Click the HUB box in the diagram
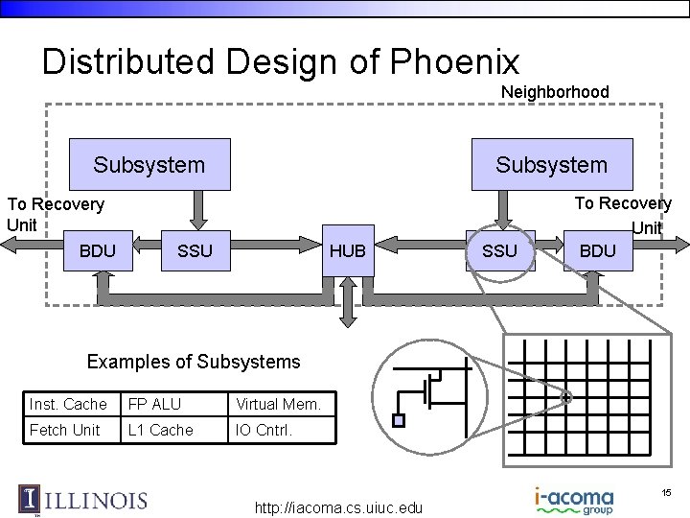347,251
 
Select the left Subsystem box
149,165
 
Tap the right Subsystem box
551,165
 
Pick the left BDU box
98,251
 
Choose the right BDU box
598,251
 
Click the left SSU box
195,251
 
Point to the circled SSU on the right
499,251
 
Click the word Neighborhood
555,92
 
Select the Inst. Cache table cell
68,404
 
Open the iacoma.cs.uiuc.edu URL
338,507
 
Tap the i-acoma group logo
574,501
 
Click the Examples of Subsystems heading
194,362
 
